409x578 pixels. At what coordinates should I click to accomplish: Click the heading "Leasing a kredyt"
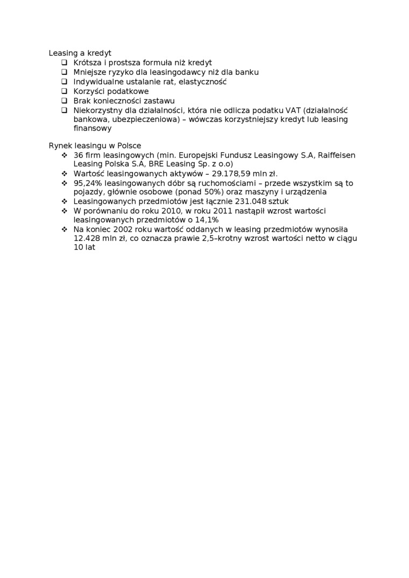[80, 53]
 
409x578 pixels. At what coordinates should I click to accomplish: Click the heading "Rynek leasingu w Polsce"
[95, 146]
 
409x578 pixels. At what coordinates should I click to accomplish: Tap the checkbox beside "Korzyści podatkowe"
[64, 91]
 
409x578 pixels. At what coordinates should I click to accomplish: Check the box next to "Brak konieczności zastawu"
[64, 101]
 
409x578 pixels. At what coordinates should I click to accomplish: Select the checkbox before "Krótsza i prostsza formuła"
[64, 63]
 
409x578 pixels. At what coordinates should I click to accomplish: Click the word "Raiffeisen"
[336, 155]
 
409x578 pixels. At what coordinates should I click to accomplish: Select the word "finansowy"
[93, 129]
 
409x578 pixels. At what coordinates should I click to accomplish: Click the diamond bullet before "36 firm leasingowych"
[64, 155]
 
